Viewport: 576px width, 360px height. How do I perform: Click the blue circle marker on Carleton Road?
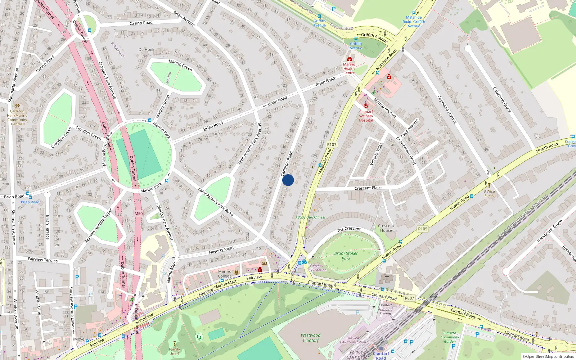coord(288,180)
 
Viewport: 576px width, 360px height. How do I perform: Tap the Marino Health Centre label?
coord(349,68)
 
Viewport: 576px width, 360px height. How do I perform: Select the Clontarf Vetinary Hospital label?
coord(366,116)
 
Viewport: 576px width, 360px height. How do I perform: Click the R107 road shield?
coord(332,145)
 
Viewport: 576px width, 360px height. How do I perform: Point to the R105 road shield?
coord(423,229)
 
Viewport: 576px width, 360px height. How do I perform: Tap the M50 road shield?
coord(139,213)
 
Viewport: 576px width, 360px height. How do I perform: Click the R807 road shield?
coord(409,298)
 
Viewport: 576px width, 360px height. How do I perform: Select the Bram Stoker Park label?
coord(346,256)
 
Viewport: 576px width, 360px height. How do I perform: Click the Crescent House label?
coord(386,228)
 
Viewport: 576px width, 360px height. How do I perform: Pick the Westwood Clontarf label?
coord(311,338)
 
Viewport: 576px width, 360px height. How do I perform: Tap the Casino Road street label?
coord(141,23)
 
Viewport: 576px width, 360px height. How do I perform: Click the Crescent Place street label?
coord(368,188)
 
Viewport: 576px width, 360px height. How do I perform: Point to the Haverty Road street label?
coord(221,250)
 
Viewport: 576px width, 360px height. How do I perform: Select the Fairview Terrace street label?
coord(43,260)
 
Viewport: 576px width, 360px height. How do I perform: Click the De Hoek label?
coord(146,50)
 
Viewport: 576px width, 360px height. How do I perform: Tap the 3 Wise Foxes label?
coord(489,193)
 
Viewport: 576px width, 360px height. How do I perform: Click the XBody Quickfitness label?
coord(310,217)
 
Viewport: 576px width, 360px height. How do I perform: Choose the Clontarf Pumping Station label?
coord(385,309)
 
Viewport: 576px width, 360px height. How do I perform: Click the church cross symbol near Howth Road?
coord(387,278)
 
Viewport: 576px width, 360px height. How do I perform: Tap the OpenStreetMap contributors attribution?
coord(548,356)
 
